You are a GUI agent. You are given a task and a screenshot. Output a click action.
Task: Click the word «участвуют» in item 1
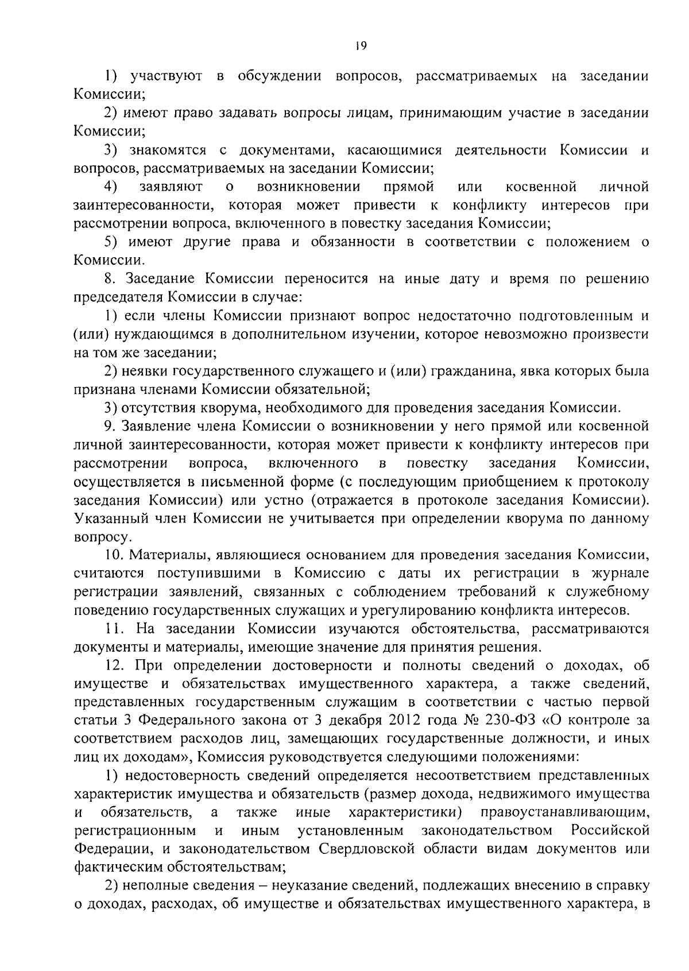click(166, 76)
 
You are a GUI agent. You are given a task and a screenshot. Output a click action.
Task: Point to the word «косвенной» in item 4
click(541, 187)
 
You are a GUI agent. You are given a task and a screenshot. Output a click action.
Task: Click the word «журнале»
click(622, 574)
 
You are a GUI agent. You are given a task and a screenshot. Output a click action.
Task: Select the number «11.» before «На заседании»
click(114, 629)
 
